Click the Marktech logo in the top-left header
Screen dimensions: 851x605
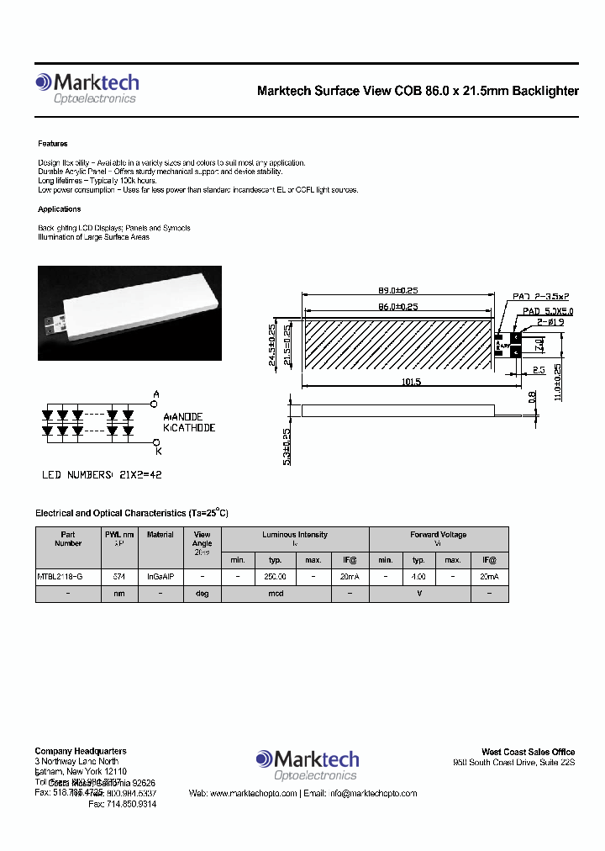point(87,88)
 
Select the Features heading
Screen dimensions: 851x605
point(53,144)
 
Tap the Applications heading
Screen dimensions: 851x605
point(60,209)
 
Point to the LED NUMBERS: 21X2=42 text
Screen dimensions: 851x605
point(102,475)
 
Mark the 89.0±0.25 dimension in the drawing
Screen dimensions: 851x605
point(397,292)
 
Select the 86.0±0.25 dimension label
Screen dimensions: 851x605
point(397,307)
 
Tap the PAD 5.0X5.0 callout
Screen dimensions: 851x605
point(547,311)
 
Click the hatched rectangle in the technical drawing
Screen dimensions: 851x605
point(397,343)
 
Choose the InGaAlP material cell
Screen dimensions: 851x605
point(160,578)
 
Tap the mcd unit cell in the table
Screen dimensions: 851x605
point(276,594)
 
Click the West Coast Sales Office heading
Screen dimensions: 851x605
point(528,752)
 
